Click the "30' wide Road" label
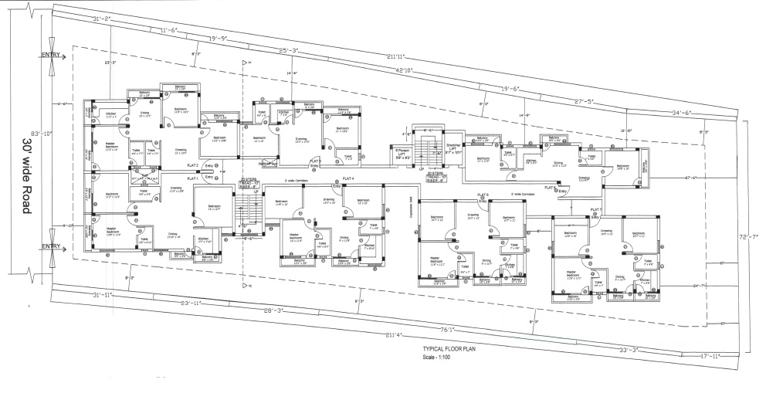click(x=28, y=177)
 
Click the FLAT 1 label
click(x=191, y=178)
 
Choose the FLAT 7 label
click(x=596, y=209)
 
